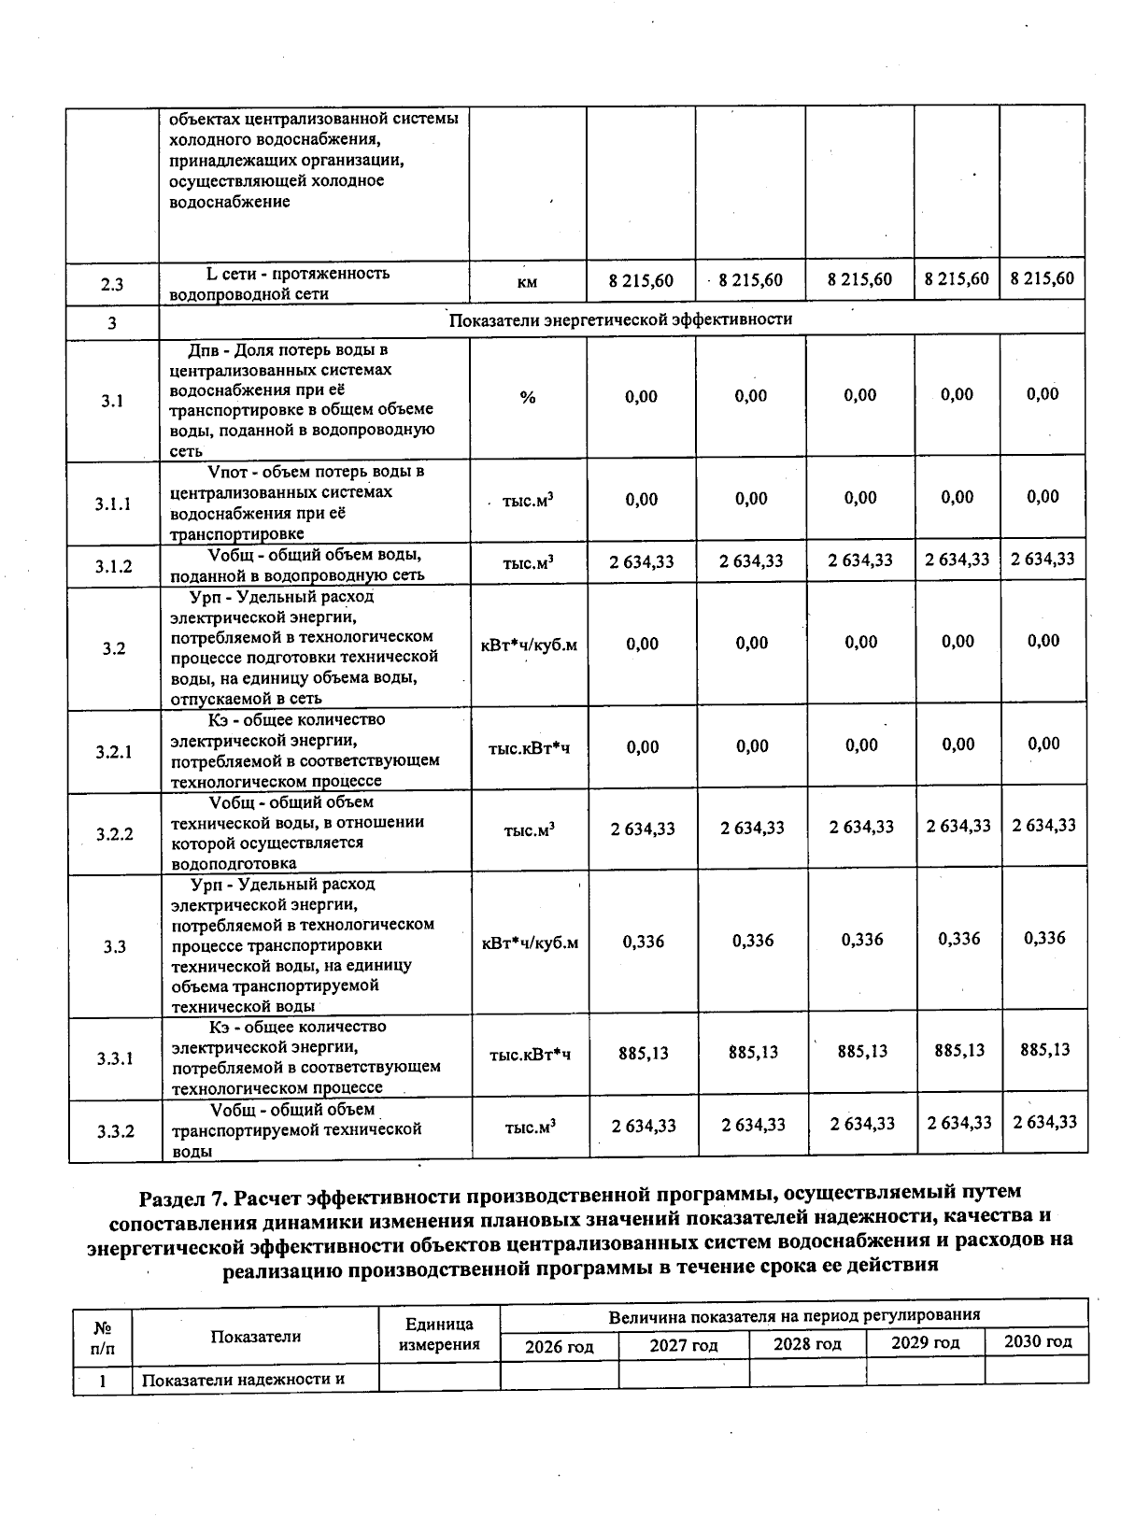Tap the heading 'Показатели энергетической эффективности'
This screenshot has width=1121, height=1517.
pyautogui.click(x=620, y=319)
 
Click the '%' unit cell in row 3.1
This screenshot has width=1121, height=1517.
pyautogui.click(x=528, y=398)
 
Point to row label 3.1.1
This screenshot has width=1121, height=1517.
pyautogui.click(x=113, y=504)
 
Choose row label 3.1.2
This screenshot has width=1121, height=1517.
pyautogui.click(x=113, y=566)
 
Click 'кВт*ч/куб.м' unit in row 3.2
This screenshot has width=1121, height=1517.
pyautogui.click(x=529, y=645)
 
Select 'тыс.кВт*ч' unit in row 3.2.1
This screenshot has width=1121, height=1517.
pyautogui.click(x=529, y=748)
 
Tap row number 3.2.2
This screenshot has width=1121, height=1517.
pyautogui.click(x=114, y=834)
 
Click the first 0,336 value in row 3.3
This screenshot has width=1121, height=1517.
pyautogui.click(x=644, y=942)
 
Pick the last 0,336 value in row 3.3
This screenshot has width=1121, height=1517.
pyautogui.click(x=1043, y=939)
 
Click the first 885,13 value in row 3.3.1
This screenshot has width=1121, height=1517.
pyautogui.click(x=644, y=1054)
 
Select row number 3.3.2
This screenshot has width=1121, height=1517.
pyautogui.click(x=115, y=1131)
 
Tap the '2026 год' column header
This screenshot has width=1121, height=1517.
pyautogui.click(x=560, y=1347)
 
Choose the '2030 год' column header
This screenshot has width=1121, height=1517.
pyautogui.click(x=1037, y=1342)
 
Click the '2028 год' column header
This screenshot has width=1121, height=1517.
pyautogui.click(x=807, y=1345)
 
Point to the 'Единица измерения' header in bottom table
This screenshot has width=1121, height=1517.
pyautogui.click(x=439, y=1335)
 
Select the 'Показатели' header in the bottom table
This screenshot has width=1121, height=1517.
pyautogui.click(x=255, y=1337)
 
